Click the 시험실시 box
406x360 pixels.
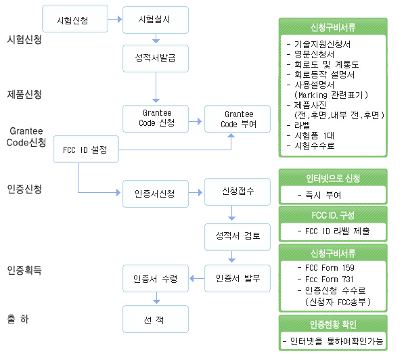(x=156, y=20)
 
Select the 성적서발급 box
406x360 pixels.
(x=156, y=58)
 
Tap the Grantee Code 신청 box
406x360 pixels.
(x=156, y=118)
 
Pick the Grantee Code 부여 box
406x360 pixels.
(x=238, y=118)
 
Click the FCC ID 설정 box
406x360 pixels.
(x=86, y=149)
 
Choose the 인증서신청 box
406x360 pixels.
(x=156, y=194)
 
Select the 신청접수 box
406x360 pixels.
(x=238, y=192)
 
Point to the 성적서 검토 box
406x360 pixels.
(x=238, y=237)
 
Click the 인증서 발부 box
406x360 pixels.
(x=238, y=278)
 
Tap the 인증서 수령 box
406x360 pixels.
(x=156, y=278)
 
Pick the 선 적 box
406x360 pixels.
(x=156, y=319)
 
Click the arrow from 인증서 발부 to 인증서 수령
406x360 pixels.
(x=197, y=279)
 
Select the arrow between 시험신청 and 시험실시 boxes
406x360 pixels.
(x=115, y=19)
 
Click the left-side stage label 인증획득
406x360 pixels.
(x=24, y=270)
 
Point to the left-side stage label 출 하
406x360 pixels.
(x=18, y=319)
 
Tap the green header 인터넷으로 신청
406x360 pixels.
(x=333, y=178)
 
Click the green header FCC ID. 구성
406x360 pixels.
(x=333, y=215)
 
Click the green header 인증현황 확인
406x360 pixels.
(x=333, y=324)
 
